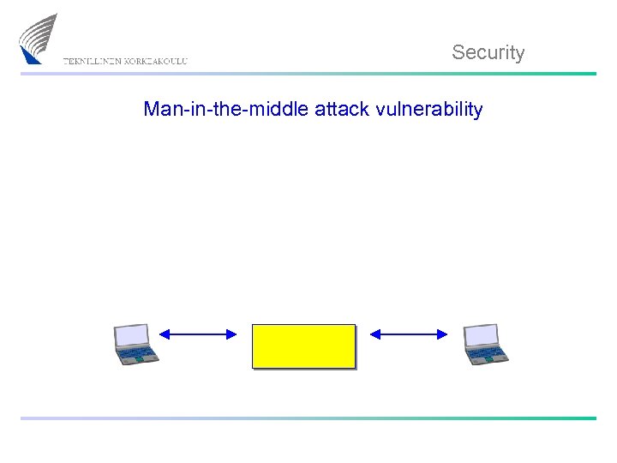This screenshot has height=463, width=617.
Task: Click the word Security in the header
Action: [x=488, y=52]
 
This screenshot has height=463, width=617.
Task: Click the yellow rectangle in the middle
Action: [x=303, y=346]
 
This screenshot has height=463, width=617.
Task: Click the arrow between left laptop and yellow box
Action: [x=198, y=334]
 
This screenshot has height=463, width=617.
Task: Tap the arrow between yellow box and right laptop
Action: [x=409, y=334]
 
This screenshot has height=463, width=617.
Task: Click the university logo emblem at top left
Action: [x=39, y=38]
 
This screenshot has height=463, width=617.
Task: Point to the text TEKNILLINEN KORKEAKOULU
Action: [x=125, y=61]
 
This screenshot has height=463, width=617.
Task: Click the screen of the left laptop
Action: [x=133, y=335]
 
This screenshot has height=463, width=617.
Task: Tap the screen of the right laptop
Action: [x=481, y=335]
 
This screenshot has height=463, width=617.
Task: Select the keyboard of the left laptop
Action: [x=137, y=352]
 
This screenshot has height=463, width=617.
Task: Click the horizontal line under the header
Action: [x=308, y=74]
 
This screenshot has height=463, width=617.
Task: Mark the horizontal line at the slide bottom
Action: [x=308, y=418]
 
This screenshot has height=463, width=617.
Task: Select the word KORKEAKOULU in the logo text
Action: [x=156, y=61]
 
